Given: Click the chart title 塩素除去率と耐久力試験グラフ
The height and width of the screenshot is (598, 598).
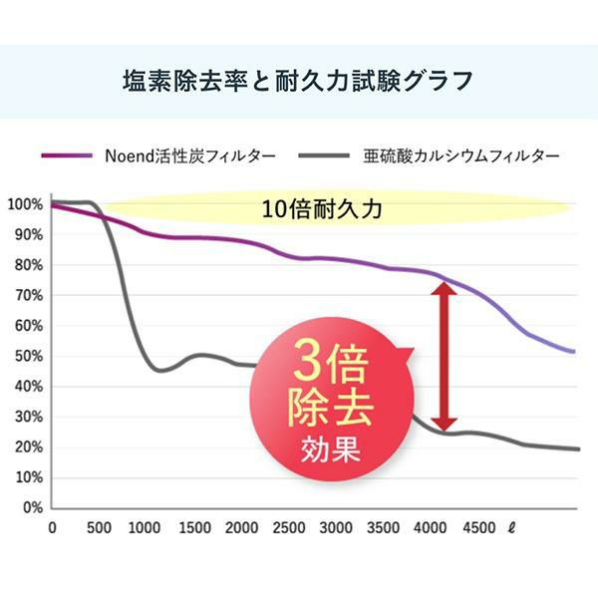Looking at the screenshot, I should click(299, 80).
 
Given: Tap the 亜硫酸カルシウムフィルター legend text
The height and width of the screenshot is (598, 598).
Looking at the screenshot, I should click(455, 155).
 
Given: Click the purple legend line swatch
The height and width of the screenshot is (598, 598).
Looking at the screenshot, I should click(68, 156).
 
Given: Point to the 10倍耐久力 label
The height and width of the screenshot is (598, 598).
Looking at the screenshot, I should click(322, 209).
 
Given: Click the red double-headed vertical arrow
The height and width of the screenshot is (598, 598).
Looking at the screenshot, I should click(444, 355).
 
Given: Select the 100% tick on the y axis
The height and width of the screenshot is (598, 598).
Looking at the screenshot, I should click(23, 204).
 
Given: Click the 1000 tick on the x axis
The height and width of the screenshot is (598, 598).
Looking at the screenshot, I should click(145, 527).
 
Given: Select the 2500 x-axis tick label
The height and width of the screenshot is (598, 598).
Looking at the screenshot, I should click(289, 527).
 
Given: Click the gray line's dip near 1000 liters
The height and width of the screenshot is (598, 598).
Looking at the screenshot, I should click(159, 370).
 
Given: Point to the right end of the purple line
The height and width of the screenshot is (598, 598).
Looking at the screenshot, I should click(575, 351).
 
